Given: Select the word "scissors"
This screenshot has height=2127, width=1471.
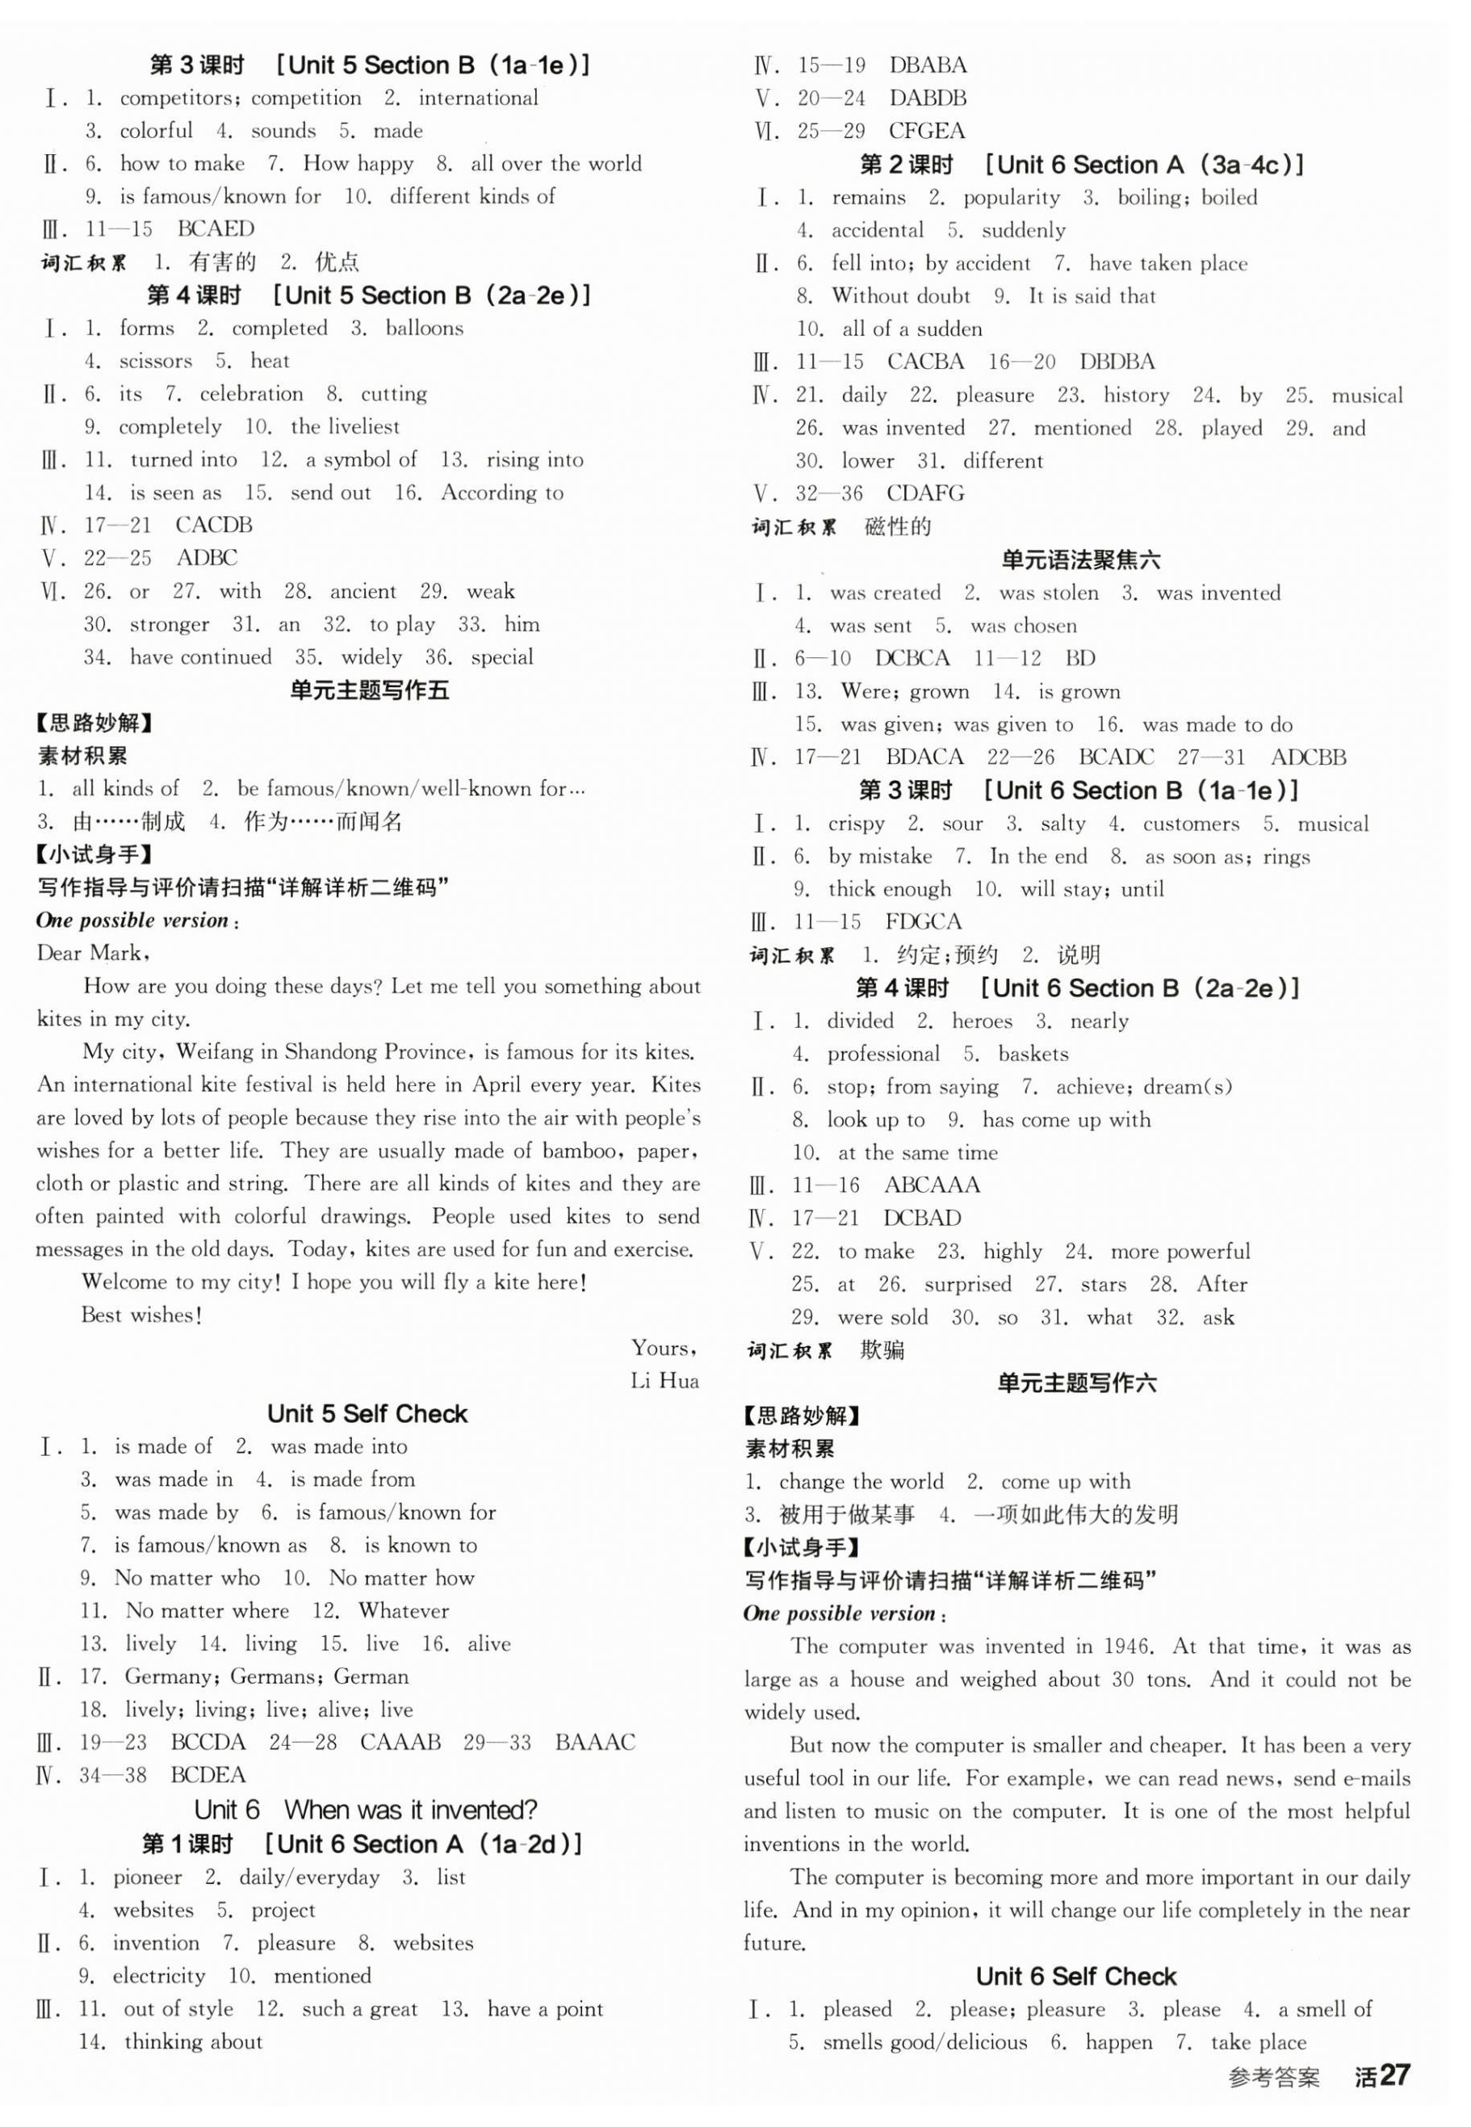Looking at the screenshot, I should [156, 361].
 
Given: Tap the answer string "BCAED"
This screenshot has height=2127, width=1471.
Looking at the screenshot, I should [216, 229].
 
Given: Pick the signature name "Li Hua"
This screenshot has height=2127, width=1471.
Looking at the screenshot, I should [664, 1381].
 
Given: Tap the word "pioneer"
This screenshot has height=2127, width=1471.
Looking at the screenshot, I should [148, 1877].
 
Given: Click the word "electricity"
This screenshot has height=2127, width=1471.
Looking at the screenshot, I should [158, 1976].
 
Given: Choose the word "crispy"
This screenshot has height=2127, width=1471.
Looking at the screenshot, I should [857, 824].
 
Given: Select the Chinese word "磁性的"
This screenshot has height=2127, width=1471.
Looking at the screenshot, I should [898, 527].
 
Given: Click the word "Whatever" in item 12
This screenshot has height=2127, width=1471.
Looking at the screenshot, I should [404, 1611].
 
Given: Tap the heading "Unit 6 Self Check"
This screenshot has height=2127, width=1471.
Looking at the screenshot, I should [1075, 1976].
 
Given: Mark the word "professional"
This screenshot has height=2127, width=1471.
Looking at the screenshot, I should [883, 1055].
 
